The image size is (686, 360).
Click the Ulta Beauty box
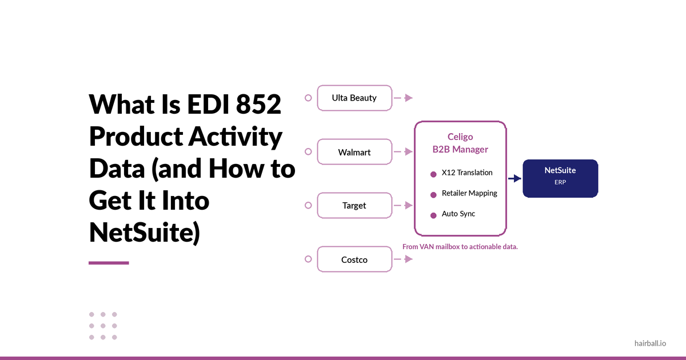pyautogui.click(x=354, y=98)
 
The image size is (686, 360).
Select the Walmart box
pyautogui.click(x=354, y=153)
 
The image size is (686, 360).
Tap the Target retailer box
pyautogui.click(x=354, y=205)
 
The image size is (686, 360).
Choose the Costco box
pyautogui.click(x=354, y=259)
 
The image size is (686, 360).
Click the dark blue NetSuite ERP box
pyautogui.click(x=560, y=178)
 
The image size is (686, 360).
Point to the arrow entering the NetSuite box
pyautogui.click(x=514, y=178)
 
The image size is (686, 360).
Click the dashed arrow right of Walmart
pyautogui.click(x=404, y=152)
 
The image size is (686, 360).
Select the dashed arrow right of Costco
pyautogui.click(x=404, y=259)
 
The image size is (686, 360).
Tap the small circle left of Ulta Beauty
pyautogui.click(x=308, y=98)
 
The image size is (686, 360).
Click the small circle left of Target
pyautogui.click(x=308, y=205)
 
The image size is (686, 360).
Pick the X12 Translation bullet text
pyautogui.click(x=466, y=173)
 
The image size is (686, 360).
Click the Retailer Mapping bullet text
pyautogui.click(x=469, y=193)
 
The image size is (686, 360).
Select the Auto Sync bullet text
pyautogui.click(x=458, y=214)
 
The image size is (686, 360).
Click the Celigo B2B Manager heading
pyautogui.click(x=460, y=143)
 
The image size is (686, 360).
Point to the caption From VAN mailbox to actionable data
pyautogui.click(x=460, y=247)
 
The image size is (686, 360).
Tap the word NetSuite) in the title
pyautogui.click(x=144, y=233)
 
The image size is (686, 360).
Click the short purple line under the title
pyautogui.click(x=109, y=263)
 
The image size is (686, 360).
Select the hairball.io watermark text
pyautogui.click(x=650, y=343)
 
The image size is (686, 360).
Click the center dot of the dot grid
pyautogui.click(x=103, y=326)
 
